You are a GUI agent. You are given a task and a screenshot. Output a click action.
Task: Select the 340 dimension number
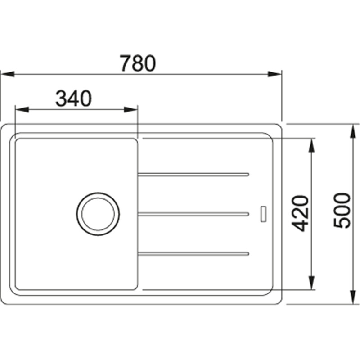73,99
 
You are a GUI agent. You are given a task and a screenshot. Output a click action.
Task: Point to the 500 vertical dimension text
342,210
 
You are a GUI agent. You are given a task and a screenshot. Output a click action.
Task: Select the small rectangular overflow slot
264,214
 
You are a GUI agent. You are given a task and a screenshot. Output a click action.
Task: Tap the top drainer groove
193,174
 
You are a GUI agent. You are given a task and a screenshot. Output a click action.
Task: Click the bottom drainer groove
193,254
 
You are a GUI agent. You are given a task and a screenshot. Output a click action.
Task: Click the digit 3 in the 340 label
61,99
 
